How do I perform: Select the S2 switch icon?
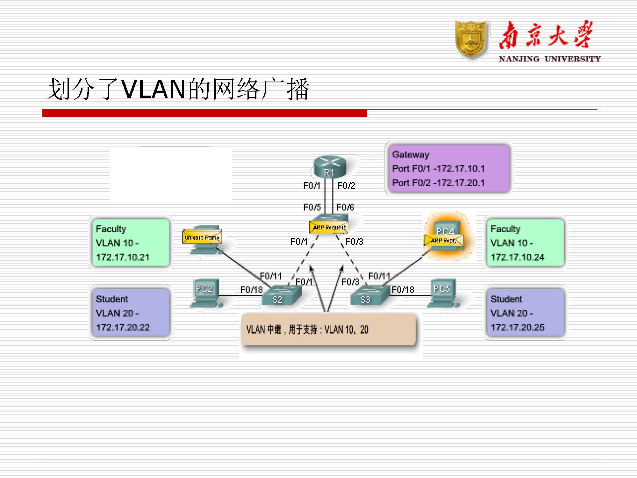[282, 296]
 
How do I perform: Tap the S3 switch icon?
[369, 296]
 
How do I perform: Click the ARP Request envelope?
[329, 227]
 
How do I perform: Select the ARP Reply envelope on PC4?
[443, 241]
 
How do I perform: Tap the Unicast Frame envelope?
[202, 237]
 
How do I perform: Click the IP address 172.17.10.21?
[123, 257]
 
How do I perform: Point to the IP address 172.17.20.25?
[517, 327]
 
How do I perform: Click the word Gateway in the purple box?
[411, 155]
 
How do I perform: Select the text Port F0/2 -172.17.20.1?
[438, 183]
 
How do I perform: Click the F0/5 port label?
[312, 207]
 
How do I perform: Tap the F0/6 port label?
[346, 207]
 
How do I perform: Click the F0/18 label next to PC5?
[403, 290]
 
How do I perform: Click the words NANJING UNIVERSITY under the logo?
[549, 59]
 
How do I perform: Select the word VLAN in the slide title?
[154, 89]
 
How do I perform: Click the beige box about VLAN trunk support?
[328, 329]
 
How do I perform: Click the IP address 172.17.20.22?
[123, 327]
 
